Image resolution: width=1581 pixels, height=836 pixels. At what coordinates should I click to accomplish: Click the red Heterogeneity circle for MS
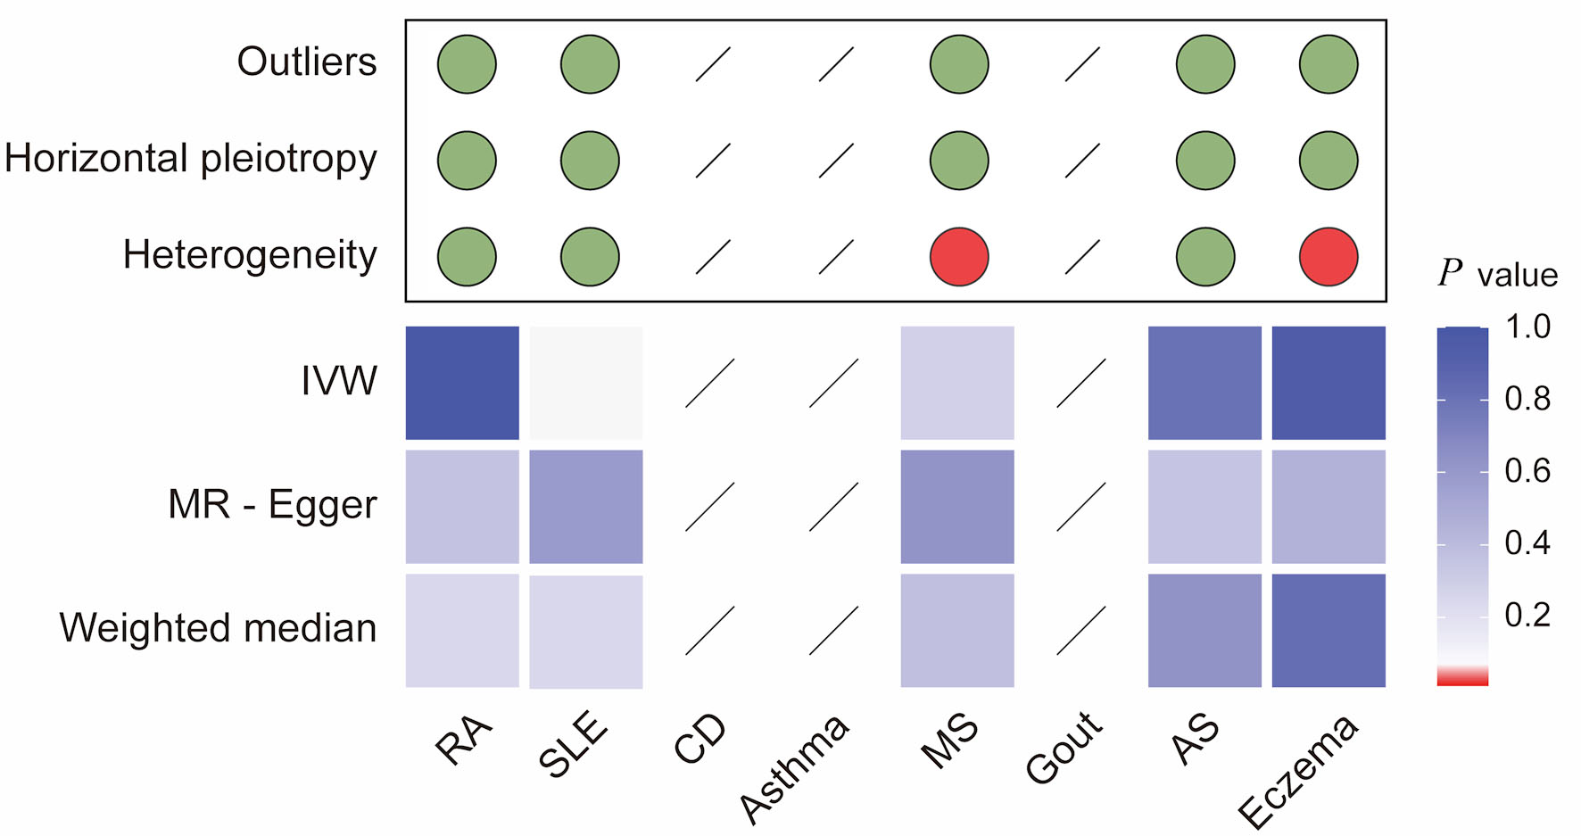[x=959, y=257]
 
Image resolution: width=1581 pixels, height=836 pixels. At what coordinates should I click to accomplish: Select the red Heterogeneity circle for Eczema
[x=1329, y=257]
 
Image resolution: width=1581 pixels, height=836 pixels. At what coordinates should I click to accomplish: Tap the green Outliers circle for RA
[x=467, y=64]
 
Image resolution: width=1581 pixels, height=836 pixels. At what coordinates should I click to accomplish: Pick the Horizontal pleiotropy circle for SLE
[x=590, y=161]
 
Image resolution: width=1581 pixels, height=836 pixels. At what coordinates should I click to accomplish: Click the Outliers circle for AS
[x=1205, y=64]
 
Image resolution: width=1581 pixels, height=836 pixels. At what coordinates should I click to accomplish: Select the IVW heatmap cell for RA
[x=462, y=383]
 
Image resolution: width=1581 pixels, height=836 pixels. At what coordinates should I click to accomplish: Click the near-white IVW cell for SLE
[x=586, y=383]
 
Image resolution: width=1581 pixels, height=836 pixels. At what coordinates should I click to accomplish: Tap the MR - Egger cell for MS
[x=957, y=507]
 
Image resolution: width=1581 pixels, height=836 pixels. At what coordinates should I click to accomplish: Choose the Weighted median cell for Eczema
[x=1329, y=630]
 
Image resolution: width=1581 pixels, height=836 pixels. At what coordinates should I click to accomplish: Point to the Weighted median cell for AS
[x=1204, y=630]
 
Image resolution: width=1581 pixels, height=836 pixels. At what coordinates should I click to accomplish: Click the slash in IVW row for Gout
[x=1081, y=383]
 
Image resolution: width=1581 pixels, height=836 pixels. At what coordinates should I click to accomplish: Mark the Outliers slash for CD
[x=713, y=64]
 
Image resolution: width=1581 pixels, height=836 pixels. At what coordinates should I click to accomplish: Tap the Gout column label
[x=1064, y=748]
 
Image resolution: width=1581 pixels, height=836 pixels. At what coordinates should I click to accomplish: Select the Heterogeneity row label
[x=250, y=255]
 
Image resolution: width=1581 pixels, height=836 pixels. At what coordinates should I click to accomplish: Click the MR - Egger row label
[x=272, y=505]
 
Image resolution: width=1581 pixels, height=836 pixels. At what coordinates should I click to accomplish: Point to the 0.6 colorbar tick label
[x=1527, y=471]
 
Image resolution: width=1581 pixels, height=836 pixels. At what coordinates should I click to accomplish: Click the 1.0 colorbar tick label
[x=1527, y=327]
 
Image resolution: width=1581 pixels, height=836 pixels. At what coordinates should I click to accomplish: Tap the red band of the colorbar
[x=1462, y=679]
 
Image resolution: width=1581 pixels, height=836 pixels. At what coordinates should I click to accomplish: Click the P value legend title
[x=1498, y=275]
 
